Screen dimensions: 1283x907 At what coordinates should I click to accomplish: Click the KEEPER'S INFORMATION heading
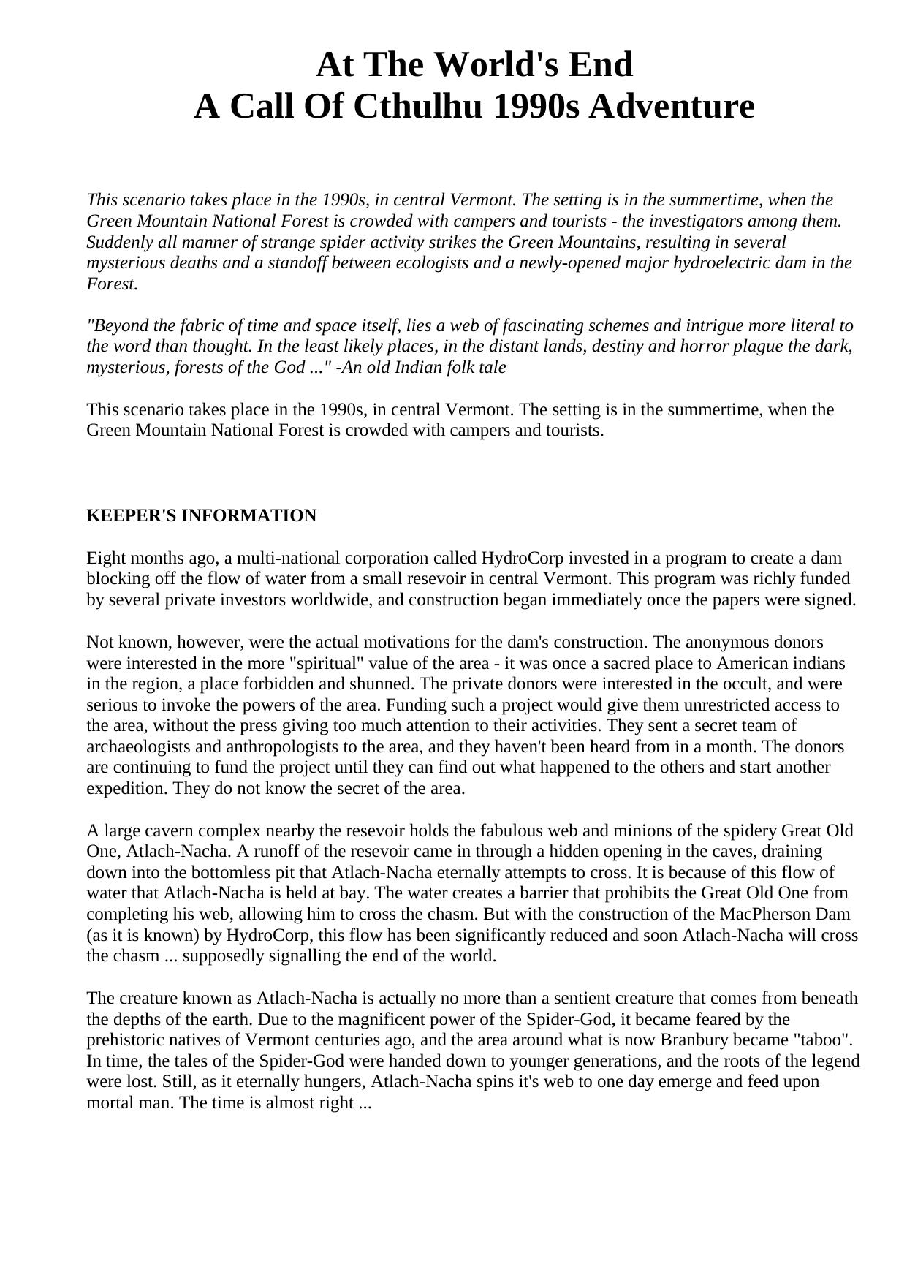pos(202,515)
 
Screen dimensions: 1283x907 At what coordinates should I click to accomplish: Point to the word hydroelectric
pos(732,262)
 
